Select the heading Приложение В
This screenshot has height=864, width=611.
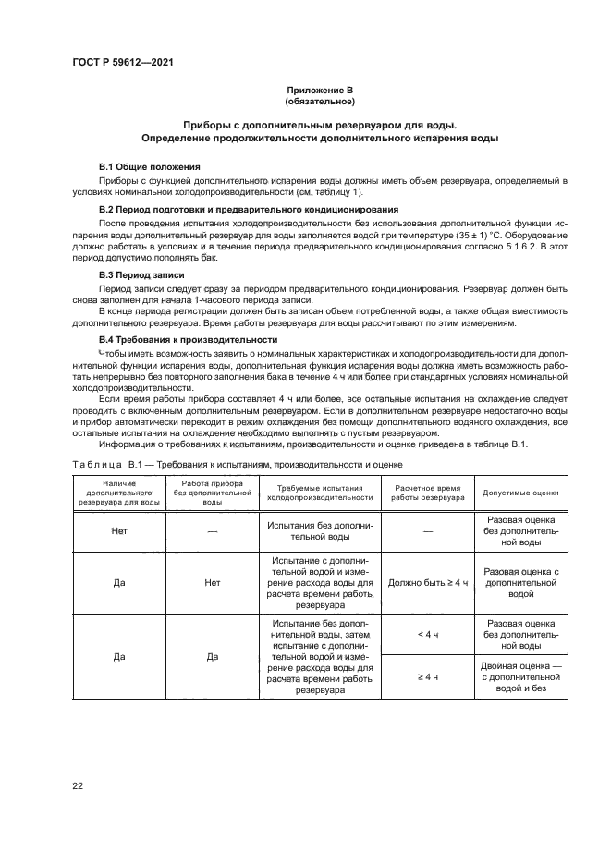[320, 90]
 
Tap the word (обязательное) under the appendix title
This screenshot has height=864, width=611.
[320, 101]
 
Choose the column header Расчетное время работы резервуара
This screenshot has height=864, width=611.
[427, 493]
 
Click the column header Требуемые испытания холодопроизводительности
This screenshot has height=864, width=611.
[320, 493]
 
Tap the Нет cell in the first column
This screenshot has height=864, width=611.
[118, 531]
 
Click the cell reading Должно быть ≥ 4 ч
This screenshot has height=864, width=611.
[427, 584]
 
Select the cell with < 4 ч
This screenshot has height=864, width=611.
[427, 635]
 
